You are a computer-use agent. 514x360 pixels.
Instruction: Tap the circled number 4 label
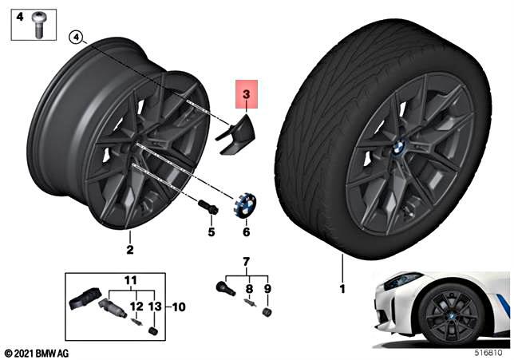[x=76, y=37]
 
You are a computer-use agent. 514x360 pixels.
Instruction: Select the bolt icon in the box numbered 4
[x=38, y=26]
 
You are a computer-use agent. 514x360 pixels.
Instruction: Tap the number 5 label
[x=212, y=232]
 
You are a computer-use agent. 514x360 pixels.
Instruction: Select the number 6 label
[x=247, y=232]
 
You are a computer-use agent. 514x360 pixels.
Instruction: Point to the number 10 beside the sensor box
[x=178, y=306]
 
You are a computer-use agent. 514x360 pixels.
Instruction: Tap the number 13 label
[x=154, y=306]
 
